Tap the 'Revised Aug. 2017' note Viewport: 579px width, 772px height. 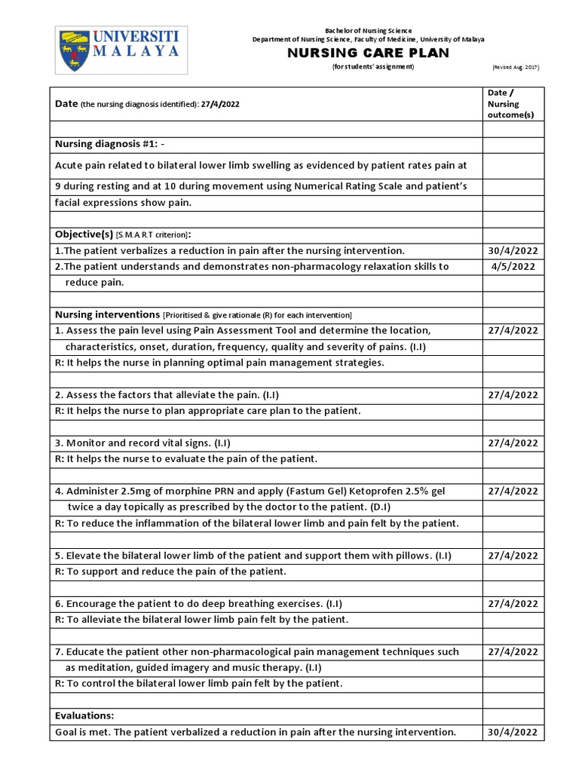coord(516,67)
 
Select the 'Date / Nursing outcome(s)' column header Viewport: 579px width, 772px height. coord(503,103)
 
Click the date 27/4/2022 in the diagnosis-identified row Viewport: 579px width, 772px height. coord(220,104)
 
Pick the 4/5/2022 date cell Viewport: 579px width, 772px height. coord(513,266)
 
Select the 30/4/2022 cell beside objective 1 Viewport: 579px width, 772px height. coord(513,250)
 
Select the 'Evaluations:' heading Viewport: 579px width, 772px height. coord(84,715)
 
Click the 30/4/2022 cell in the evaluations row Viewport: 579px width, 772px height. coord(513,732)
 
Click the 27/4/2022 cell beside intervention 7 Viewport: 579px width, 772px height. coord(513,652)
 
